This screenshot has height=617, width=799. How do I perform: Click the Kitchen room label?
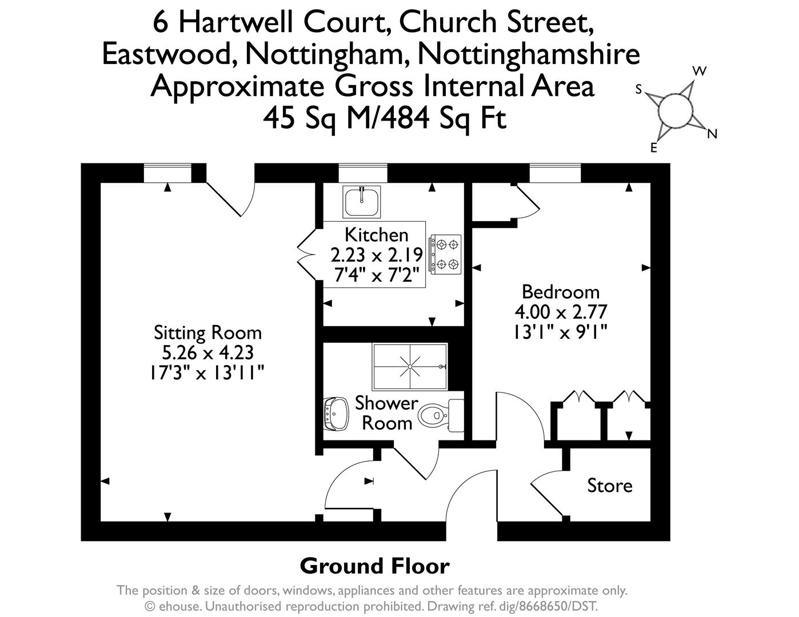[377, 235]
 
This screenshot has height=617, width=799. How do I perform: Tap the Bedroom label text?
[561, 292]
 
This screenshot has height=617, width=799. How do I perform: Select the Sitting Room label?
[207, 333]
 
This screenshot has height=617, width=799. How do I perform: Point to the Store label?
[610, 486]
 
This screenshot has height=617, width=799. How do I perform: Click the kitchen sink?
[362, 202]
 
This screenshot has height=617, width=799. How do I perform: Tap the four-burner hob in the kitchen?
[445, 254]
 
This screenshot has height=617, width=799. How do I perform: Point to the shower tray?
[410, 367]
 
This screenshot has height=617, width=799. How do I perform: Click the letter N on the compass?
[712, 134]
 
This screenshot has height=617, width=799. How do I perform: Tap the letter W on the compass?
[700, 71]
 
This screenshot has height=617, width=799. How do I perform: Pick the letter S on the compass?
[639, 89]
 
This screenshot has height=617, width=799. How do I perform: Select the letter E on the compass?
[654, 148]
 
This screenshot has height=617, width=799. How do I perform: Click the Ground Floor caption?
[375, 566]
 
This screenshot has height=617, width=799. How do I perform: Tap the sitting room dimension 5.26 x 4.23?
[207, 353]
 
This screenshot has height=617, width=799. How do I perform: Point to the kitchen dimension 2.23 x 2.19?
[377, 255]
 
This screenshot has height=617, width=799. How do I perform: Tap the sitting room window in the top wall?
[167, 173]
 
